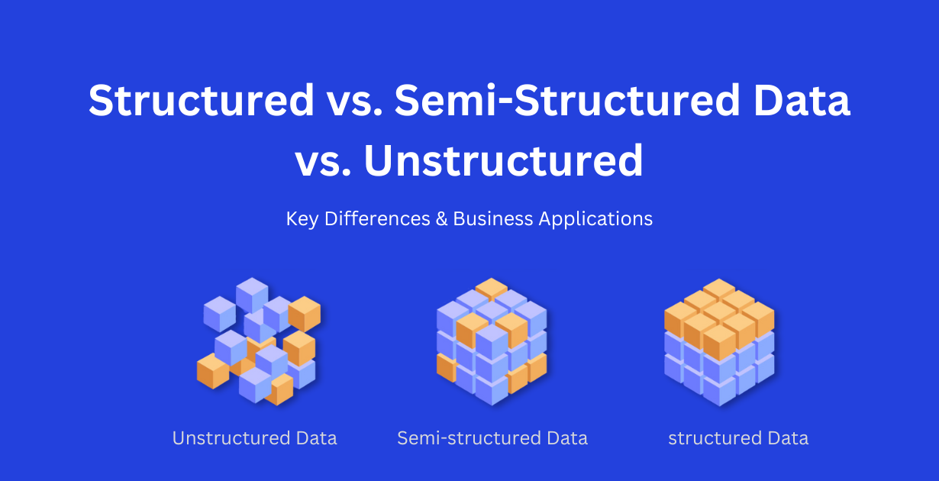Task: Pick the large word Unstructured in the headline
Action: click(504, 161)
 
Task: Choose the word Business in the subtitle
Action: click(492, 219)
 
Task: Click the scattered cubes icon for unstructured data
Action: click(257, 341)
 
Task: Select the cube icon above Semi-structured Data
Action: click(492, 341)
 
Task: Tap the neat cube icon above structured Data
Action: click(719, 341)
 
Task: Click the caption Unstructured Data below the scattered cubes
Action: click(254, 438)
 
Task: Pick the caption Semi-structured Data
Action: click(492, 438)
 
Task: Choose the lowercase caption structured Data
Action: click(738, 438)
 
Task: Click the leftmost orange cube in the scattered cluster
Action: click(213, 371)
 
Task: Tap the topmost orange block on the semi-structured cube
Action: click(491, 289)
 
